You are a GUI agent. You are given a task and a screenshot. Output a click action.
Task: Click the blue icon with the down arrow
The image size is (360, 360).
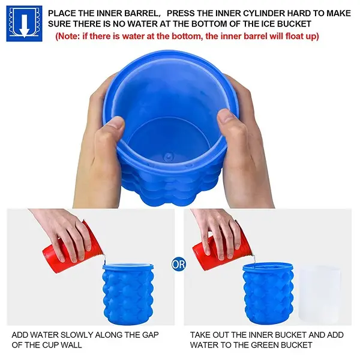(24, 23)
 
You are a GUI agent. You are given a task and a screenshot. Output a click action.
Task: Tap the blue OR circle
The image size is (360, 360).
(178, 264)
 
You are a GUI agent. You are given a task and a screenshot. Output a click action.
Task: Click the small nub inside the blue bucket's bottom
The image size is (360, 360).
(168, 157)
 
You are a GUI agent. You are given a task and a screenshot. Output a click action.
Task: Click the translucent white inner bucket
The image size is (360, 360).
(320, 294)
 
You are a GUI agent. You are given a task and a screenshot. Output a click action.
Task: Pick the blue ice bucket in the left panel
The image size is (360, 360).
(128, 294)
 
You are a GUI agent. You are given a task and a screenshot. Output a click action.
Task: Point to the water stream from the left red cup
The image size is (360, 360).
(104, 260)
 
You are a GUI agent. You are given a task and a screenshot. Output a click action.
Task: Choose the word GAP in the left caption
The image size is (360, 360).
(150, 335)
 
